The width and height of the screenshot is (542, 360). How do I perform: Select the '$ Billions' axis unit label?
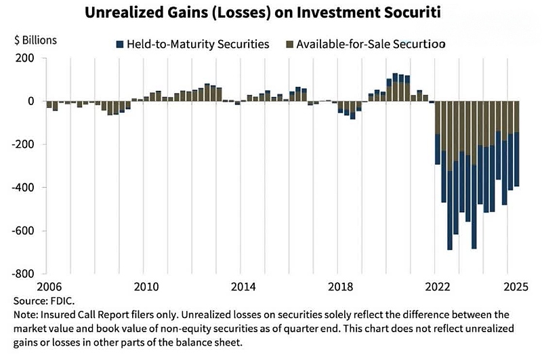coord(35,39)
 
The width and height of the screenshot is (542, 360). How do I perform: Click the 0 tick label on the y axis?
coord(30,101)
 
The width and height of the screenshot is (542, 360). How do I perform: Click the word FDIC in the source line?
coord(61,299)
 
